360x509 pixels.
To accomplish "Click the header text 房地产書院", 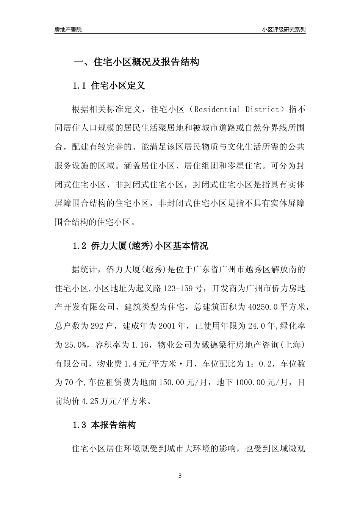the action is [x=68, y=30].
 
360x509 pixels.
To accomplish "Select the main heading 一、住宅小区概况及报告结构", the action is [x=136, y=62].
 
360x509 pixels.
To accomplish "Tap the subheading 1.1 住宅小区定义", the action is [x=109, y=86].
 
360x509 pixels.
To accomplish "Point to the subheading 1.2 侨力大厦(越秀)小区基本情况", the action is [x=141, y=246].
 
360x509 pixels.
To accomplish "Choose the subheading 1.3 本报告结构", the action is [x=104, y=425].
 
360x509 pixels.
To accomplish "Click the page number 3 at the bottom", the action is [x=180, y=476].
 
